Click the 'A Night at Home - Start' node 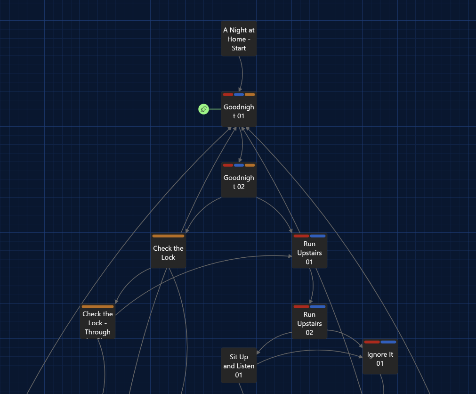coord(239,39)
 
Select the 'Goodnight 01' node coord(239,112)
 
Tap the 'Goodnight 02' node coord(239,182)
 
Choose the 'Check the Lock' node coord(168,253)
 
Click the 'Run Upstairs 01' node coord(309,253)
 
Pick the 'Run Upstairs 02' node coord(309,324)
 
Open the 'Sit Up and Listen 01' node coord(239,366)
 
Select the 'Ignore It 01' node coord(380,359)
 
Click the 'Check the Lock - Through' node coord(97,323)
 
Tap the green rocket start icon coord(203,109)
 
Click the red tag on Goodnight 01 coord(228,95)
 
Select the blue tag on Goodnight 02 coord(239,165)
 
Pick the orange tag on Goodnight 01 coord(250,95)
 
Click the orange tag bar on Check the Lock coord(168,236)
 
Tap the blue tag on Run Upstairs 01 coord(318,236)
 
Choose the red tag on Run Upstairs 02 coord(301,307)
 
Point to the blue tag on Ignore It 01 coord(388,342)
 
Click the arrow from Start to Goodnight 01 coord(242,73)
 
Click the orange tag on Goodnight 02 coord(250,165)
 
